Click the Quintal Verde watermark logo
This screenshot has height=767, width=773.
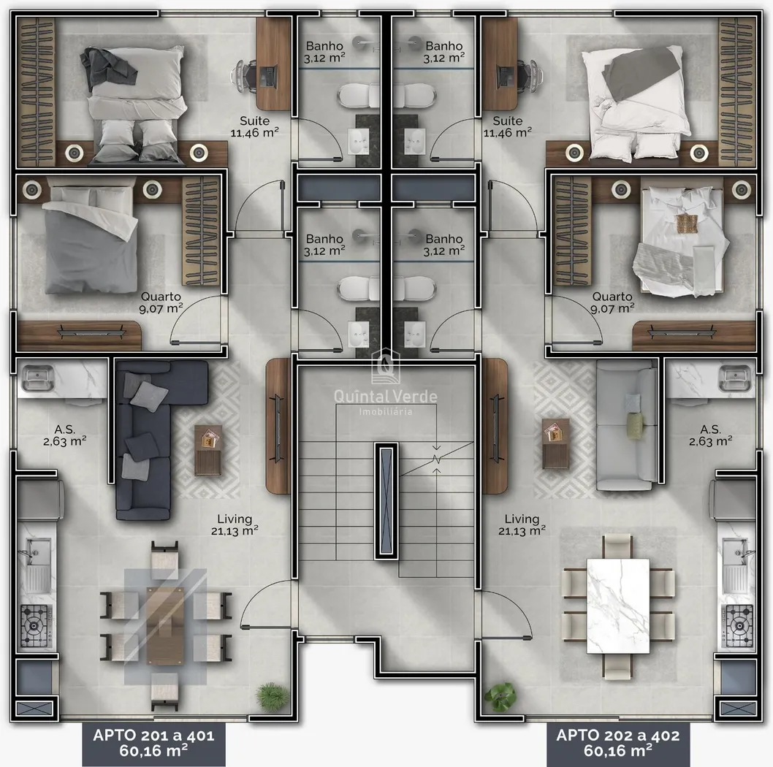pos(386,382)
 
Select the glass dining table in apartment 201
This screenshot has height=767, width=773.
pos(165,626)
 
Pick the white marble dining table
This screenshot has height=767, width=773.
pos(618,606)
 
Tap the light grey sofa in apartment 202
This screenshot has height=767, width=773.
pos(626,425)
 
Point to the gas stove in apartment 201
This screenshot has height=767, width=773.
pos(36,626)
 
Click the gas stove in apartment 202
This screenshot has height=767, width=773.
pos(738,626)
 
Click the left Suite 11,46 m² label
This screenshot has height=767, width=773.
pos(254,126)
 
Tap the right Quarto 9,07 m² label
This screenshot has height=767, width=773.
pos(612,302)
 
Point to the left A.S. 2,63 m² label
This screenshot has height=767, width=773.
pos(64,435)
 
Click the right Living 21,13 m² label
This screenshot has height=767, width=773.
pos(522,524)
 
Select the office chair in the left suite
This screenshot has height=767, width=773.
pos(245,77)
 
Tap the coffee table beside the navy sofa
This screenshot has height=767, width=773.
pos(208,450)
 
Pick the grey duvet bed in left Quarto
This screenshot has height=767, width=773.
pos(91,240)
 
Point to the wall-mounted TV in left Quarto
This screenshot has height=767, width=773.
pos(91,332)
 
